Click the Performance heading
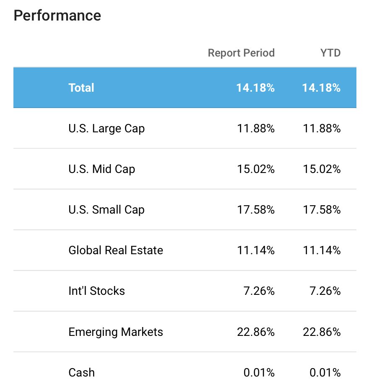pyautogui.click(x=57, y=15)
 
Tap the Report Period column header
pyautogui.click(x=242, y=53)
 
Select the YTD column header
pyautogui.click(x=330, y=53)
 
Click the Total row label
pyautogui.click(x=81, y=88)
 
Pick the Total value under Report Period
pyautogui.click(x=256, y=88)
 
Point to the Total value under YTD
pyautogui.click(x=322, y=88)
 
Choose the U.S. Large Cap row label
pyautogui.click(x=107, y=129)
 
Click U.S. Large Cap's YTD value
pyautogui.click(x=322, y=129)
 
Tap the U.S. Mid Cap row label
pyautogui.click(x=102, y=169)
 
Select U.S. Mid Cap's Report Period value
pyautogui.click(x=256, y=169)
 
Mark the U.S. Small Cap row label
pyautogui.click(x=107, y=210)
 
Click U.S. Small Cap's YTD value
pyautogui.click(x=322, y=210)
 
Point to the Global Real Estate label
pyautogui.click(x=116, y=250)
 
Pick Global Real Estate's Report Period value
pyautogui.click(x=256, y=250)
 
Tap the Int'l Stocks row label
pyautogui.click(x=96, y=291)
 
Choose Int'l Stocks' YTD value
pyautogui.click(x=325, y=291)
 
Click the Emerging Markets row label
pyautogui.click(x=116, y=332)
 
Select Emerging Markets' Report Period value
pyautogui.click(x=256, y=332)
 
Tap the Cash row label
pyautogui.click(x=82, y=372)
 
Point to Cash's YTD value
pyautogui.click(x=325, y=372)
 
